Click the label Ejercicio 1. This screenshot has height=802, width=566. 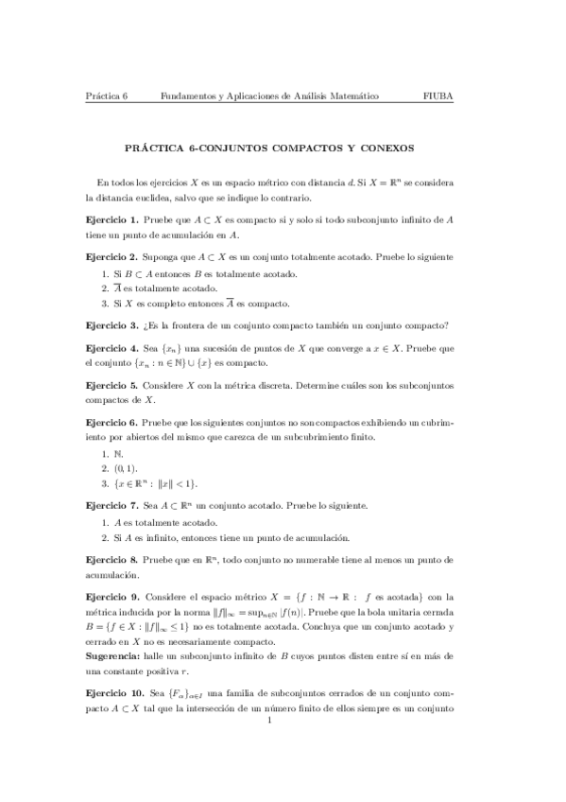111,219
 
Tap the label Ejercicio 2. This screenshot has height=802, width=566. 111,257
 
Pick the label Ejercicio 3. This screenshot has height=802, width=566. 111,324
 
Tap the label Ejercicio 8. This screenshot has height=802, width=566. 111,558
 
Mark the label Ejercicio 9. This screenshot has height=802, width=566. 111,596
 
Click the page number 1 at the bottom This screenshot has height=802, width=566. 270,723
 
